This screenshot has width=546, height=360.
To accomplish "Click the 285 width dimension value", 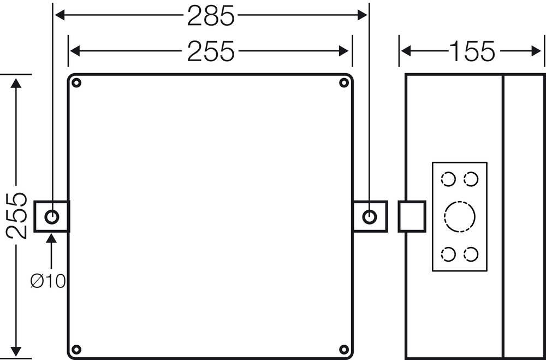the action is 211,16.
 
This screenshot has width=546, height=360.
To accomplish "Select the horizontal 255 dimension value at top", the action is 211,52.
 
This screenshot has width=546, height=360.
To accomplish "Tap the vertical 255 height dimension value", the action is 17,215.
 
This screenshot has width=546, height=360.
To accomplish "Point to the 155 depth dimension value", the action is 472,52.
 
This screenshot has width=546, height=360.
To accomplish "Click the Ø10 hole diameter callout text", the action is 48,281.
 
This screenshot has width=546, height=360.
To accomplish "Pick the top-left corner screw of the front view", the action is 76,83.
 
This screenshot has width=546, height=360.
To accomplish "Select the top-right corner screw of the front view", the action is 344,83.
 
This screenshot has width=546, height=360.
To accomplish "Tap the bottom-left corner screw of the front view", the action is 76,349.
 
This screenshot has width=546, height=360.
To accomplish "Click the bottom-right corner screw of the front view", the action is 344,349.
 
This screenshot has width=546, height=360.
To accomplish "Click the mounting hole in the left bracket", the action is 52,216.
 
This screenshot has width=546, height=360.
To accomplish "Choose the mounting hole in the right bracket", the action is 370,216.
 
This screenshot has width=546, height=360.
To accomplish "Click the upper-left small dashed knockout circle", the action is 448,179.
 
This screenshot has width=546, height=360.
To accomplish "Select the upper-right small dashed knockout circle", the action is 471,179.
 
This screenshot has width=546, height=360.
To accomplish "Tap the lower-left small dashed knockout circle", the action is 448,254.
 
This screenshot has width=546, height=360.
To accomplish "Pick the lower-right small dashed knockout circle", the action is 471,254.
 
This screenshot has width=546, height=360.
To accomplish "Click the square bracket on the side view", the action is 412,216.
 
